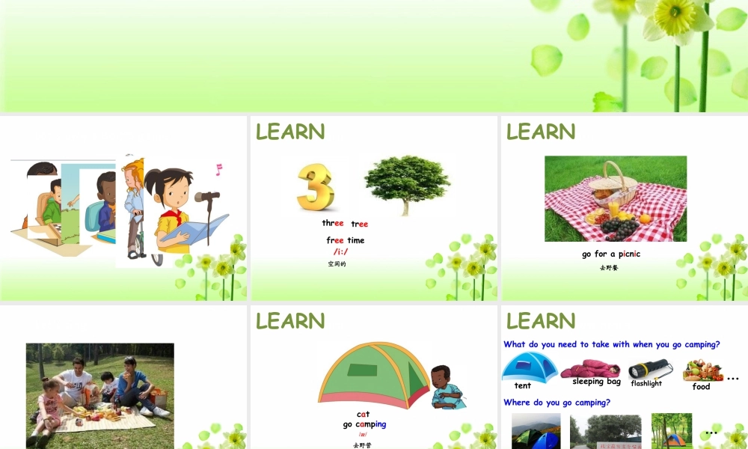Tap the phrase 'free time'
[346, 240]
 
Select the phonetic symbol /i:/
[341, 251]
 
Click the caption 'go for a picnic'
[611, 254]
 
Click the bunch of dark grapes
[619, 226]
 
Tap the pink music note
[219, 169]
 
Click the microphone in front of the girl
[207, 197]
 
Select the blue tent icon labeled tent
[529, 367]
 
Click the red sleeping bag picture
[590, 368]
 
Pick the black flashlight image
[649, 369]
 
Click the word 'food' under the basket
[701, 387]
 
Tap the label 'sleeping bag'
[597, 382]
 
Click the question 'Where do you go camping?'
[557, 403]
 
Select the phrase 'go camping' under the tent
[364, 424]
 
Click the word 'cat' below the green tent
[363, 414]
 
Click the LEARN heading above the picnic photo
[541, 132]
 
